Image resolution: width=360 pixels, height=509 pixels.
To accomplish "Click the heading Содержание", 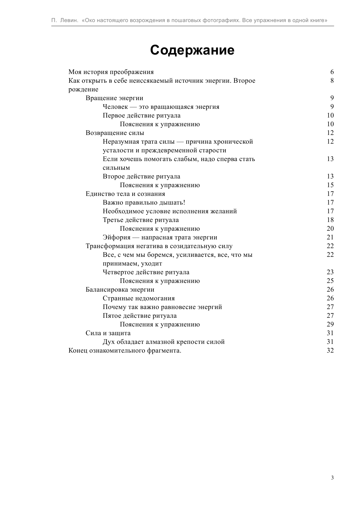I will coord(192,50).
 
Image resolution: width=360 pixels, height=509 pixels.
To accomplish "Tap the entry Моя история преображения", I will coord(111,72).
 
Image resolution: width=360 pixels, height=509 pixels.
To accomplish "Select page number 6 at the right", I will coord(332,72).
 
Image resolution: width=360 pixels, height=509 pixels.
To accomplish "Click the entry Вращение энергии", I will coord(114,98).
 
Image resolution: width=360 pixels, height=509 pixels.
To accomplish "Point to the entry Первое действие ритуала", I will coord(142,115).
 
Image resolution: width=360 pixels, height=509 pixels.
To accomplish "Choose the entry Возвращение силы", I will coord(115,133).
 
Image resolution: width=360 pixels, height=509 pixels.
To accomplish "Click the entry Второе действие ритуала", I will coord(141,176).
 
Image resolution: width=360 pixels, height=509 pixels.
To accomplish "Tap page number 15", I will coord(330,185).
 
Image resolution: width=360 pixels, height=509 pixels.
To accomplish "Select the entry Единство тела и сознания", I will coord(125,194).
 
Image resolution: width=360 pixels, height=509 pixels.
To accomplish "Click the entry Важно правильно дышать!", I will coord(144,203).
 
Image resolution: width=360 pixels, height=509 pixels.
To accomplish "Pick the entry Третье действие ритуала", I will coord(141,220).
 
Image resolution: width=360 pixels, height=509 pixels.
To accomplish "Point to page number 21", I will coord(330,237).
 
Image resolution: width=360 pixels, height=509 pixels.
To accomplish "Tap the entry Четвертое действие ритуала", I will coord(146,272).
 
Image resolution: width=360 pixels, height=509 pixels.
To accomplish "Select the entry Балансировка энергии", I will coord(120,290).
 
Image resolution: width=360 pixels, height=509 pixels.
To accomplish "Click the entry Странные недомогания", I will coord(139,298).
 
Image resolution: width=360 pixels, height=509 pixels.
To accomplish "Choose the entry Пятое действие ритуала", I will coord(140,316).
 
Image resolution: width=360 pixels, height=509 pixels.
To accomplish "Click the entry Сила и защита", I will coord(108,333).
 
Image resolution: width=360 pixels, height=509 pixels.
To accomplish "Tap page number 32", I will coord(330,351).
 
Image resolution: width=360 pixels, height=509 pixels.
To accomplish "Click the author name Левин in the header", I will coord(69,21).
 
